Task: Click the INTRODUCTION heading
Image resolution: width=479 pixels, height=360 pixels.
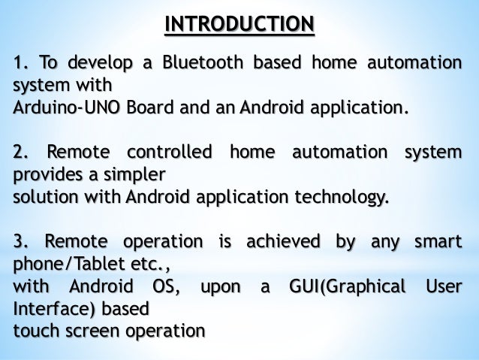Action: click(x=239, y=23)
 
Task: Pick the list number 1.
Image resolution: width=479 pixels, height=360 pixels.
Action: click(x=22, y=62)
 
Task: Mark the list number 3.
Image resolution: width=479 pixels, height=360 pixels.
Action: click(x=22, y=242)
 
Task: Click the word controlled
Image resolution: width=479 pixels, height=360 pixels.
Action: click(x=170, y=153)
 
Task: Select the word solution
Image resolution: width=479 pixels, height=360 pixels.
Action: click(x=44, y=198)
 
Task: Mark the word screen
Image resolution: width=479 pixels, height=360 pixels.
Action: click(x=85, y=331)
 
